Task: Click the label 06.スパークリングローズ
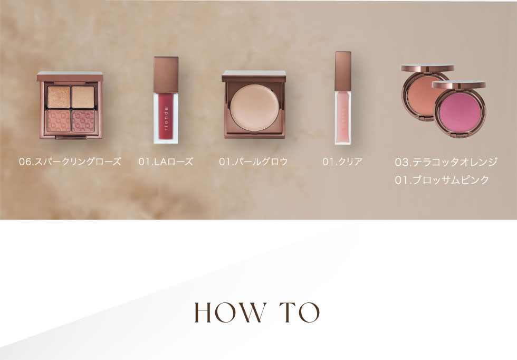[70, 162]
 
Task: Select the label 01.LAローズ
[166, 162]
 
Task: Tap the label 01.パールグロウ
[253, 162]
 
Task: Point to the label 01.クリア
[342, 162]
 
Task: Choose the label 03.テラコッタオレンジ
[446, 162]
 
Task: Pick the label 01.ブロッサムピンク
[442, 180]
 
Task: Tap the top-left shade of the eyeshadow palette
[59, 97]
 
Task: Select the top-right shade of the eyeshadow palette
[83, 97]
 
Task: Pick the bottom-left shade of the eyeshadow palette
[59, 121]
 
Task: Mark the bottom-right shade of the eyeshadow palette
[83, 121]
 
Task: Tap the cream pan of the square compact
[254, 106]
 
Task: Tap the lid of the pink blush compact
[458, 85]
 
